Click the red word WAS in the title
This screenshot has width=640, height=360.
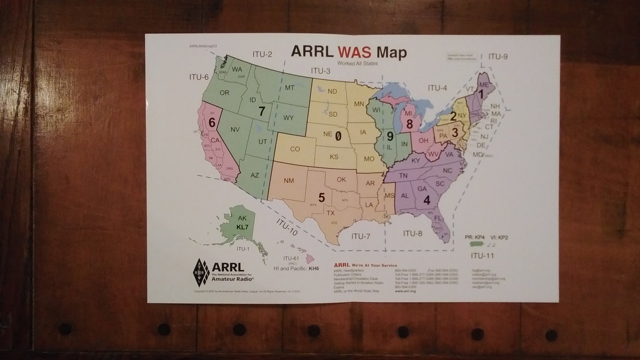tap(355, 52)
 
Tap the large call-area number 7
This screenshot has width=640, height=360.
tap(262, 111)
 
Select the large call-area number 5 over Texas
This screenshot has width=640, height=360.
tap(322, 197)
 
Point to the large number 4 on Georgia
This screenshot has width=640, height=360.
tap(427, 199)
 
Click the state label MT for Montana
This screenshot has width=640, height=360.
tap(290, 88)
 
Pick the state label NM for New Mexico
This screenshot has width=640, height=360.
tap(289, 180)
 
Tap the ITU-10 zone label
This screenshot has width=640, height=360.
tap(286, 226)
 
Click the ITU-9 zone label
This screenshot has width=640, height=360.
tap(497, 56)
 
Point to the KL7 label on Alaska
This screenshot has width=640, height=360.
tap(243, 226)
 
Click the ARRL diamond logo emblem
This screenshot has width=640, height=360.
tap(201, 272)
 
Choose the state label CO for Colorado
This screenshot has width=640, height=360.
tap(295, 149)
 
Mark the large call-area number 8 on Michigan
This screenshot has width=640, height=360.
tap(410, 124)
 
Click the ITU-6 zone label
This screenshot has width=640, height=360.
tap(198, 77)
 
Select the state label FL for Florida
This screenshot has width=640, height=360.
tap(438, 218)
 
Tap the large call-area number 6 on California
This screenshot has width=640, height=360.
tap(212, 122)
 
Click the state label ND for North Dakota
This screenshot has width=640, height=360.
tap(332, 92)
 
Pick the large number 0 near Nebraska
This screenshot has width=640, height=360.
tap(338, 135)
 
